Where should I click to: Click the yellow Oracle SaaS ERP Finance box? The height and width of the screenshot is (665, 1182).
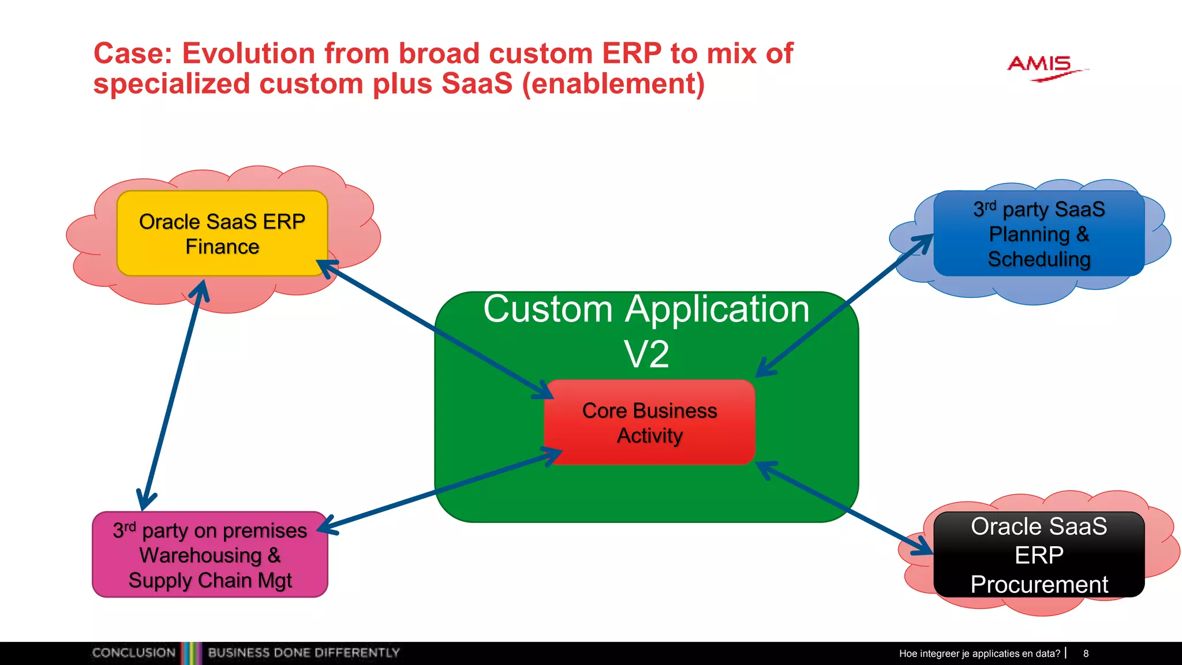coord(222,233)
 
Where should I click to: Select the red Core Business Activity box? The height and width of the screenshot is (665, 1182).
coord(649,423)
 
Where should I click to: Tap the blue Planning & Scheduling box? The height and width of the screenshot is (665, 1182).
coord(1039,234)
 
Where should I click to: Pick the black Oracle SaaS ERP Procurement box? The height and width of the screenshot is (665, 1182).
coord(1039,555)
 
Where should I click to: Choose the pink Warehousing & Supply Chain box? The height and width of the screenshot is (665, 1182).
coord(210,555)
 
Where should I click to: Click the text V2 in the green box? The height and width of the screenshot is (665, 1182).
coord(646,354)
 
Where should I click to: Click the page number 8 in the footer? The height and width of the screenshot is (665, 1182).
coord(1086,653)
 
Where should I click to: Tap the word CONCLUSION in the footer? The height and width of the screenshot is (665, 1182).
coord(133,653)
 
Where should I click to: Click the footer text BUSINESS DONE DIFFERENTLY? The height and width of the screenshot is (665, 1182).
coord(304,653)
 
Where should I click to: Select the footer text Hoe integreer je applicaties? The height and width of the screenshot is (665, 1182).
coord(979,653)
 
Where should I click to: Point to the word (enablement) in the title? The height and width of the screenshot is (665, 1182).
coord(613,84)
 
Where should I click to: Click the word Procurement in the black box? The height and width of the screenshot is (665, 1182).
coord(1039,585)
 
